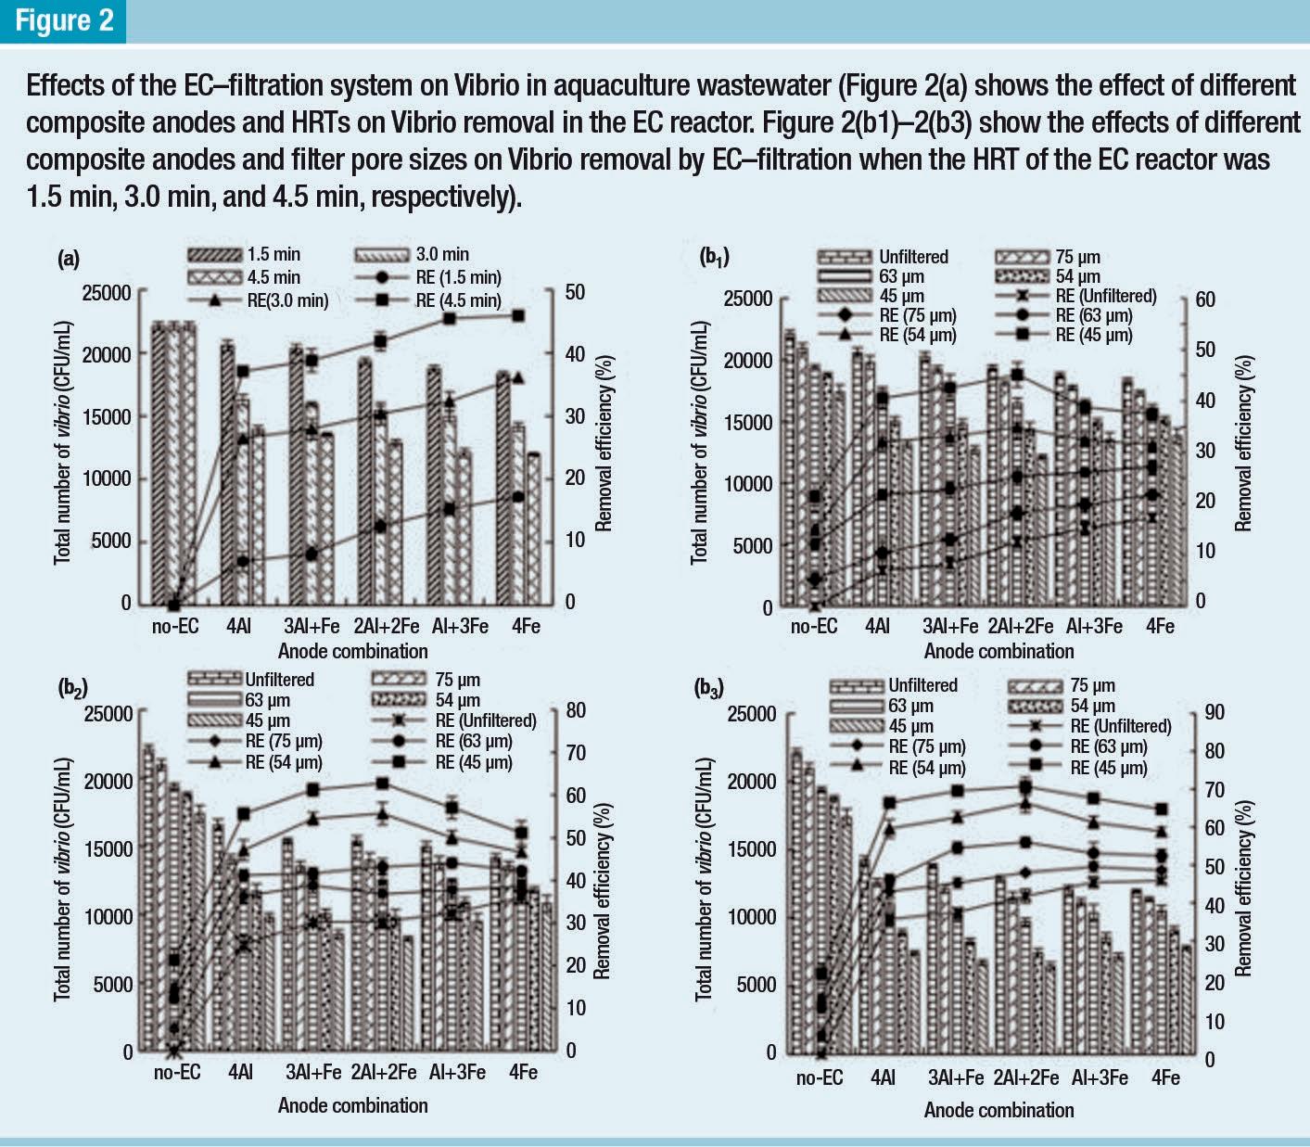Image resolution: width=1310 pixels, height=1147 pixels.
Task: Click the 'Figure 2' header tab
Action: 63,21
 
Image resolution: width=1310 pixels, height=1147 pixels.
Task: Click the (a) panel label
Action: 69,260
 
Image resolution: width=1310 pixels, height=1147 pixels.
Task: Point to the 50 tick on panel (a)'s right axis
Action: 574,292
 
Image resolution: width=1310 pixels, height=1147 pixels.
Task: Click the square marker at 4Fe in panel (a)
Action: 518,316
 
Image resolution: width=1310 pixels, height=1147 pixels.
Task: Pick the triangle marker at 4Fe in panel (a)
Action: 518,377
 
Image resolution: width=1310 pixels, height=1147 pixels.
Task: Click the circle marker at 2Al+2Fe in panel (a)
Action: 380,527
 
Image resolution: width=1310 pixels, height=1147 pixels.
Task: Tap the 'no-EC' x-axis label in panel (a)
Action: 175,626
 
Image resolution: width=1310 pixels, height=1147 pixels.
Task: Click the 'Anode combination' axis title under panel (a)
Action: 353,651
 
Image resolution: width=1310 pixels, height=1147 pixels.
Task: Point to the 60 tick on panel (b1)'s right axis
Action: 1205,299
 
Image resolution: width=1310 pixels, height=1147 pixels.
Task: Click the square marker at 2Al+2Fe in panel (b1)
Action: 1018,375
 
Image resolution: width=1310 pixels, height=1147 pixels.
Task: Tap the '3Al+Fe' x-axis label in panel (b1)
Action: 950,626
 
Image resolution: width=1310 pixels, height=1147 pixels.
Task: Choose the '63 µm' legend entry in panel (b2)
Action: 268,700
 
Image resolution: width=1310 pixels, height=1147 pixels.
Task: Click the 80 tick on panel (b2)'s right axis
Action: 576,710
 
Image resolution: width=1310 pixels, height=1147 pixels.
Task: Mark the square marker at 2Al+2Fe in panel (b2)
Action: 383,784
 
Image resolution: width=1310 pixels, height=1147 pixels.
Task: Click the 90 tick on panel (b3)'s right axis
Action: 1215,712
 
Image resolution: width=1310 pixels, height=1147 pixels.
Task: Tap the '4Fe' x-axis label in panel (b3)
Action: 1165,1077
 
